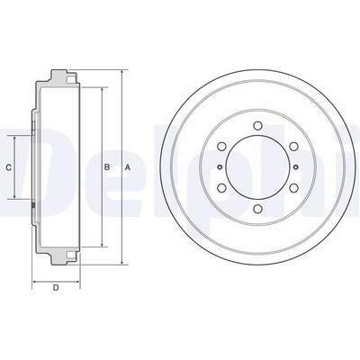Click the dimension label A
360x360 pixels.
[128, 167]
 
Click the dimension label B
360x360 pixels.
[107, 167]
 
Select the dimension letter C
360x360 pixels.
[9, 167]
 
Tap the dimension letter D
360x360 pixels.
[56, 288]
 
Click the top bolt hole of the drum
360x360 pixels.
[257, 125]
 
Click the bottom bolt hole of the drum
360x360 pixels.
[257, 209]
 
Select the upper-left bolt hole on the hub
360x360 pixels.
[221, 147]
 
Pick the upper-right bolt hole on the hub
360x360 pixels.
[293, 147]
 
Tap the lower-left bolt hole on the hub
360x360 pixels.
[221, 188]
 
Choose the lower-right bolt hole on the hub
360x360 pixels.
[293, 188]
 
